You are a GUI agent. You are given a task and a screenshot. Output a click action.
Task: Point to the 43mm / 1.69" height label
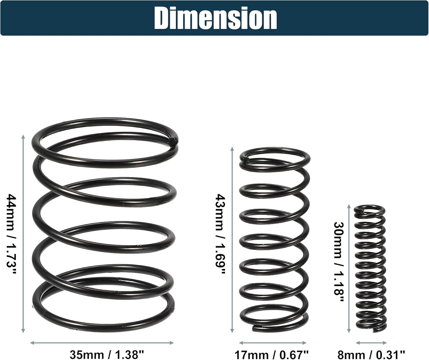[221, 234]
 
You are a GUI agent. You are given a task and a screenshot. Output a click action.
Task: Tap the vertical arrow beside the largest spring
[23, 234]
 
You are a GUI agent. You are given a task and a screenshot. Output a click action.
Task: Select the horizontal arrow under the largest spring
[102, 343]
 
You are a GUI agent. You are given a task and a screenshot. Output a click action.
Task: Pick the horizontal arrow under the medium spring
[273, 343]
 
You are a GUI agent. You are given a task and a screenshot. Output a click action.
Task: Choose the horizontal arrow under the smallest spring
[371, 343]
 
